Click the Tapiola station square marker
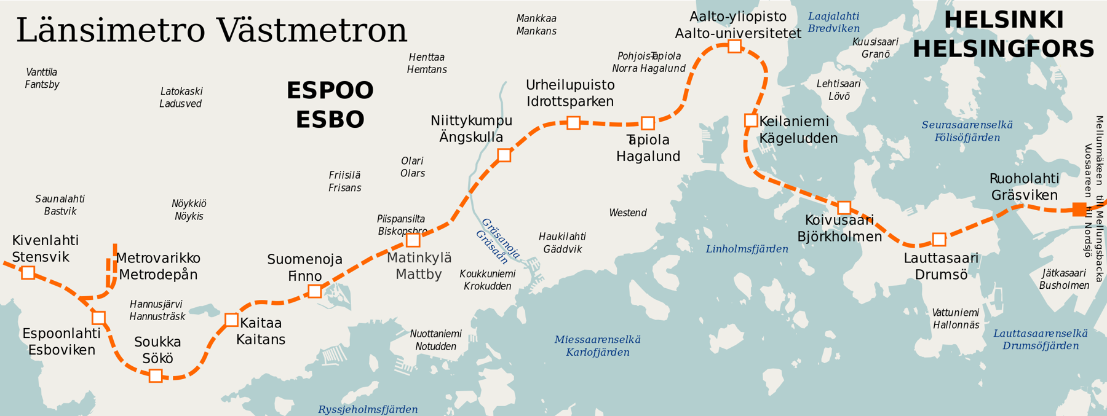648,124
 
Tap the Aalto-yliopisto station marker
734,46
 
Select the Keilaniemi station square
751,120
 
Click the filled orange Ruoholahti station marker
1079,210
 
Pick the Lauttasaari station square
939,239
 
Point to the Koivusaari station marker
844,208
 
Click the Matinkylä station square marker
413,240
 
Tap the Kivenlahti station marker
28,272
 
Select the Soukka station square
156,375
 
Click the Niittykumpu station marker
504,155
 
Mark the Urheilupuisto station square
573,123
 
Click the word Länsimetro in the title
111,31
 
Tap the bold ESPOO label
330,91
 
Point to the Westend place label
627,213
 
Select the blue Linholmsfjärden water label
747,249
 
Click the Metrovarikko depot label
158,258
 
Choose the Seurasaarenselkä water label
967,125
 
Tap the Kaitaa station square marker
231,320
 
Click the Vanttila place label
42,73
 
